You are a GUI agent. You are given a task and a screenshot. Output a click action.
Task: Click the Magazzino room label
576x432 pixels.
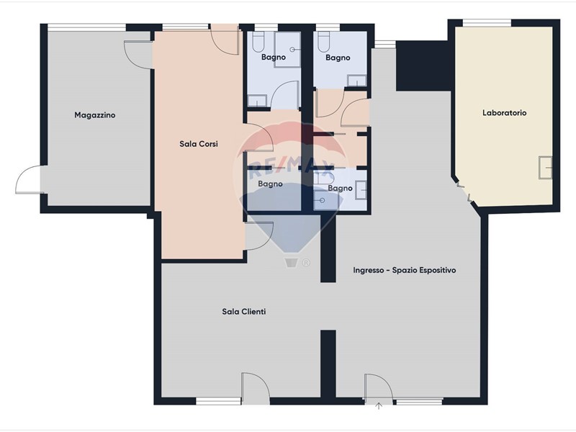[95, 115]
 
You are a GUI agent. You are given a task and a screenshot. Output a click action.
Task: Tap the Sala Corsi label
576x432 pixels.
[199, 144]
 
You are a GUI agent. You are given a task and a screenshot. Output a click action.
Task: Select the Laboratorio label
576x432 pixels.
[505, 113]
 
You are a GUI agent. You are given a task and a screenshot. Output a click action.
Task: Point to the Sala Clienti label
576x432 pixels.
[244, 312]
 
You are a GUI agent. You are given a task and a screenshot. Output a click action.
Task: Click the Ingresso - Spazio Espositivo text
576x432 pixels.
[405, 271]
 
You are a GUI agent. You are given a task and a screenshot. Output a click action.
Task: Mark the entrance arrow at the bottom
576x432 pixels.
[379, 406]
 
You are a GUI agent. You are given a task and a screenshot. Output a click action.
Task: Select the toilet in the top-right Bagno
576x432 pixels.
[323, 42]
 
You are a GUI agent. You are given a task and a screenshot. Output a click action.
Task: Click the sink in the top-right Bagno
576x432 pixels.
[357, 81]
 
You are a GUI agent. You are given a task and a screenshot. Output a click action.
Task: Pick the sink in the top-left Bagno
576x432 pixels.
[257, 100]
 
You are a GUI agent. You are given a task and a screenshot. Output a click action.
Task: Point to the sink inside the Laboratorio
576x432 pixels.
[546, 168]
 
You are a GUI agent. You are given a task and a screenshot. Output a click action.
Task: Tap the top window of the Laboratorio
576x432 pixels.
[487, 23]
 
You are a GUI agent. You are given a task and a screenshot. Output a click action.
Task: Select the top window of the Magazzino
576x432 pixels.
[86, 27]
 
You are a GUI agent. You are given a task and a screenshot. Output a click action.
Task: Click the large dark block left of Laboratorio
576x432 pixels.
[423, 66]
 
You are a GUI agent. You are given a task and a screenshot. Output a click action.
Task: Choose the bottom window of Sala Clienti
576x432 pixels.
[218, 401]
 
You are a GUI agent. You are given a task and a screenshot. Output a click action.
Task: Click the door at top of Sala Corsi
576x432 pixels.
[224, 40]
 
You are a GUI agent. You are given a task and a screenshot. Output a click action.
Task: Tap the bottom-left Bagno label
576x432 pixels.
[270, 184]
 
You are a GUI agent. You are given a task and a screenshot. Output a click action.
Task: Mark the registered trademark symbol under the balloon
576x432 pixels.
[306, 263]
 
